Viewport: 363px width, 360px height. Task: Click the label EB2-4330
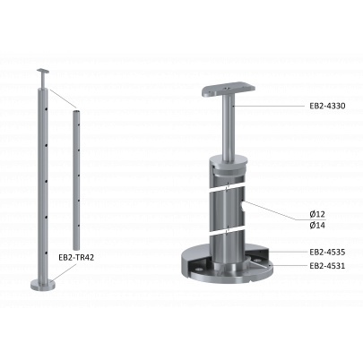[x=327, y=106]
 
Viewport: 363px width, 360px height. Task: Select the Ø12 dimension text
[x=317, y=214]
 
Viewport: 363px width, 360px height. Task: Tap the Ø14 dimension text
[x=317, y=225]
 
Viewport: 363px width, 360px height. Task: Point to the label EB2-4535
[x=327, y=253]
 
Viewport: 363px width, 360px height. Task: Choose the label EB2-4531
[x=327, y=266]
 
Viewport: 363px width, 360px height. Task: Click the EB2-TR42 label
[x=76, y=258]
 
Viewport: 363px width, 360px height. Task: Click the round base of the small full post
[x=43, y=285]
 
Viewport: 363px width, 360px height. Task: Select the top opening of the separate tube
[x=76, y=111]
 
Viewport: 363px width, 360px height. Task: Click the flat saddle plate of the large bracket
[x=229, y=90]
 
